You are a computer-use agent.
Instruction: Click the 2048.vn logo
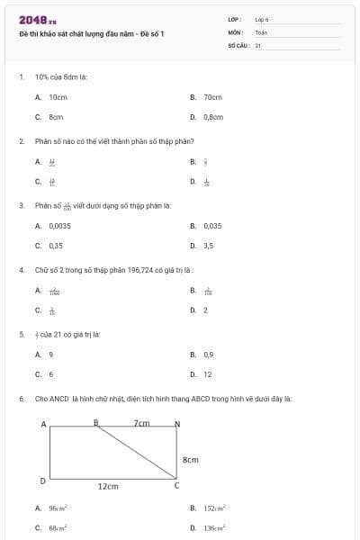pos(37,20)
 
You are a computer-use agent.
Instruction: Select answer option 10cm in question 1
pos(58,96)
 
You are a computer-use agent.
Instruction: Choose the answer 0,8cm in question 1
pos(212,117)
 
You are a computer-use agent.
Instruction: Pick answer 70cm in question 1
pos(212,96)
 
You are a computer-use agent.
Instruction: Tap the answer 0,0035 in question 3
pos(60,225)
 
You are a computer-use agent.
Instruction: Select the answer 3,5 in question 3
pos(208,245)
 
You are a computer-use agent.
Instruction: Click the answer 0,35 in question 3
pos(56,245)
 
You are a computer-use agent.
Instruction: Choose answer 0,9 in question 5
pos(208,355)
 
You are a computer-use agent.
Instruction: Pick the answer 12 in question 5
pos(207,374)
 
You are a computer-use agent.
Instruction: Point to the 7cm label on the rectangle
pos(141,422)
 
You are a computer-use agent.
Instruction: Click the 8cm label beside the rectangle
pos(190,459)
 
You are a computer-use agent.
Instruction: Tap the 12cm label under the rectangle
pos(108,486)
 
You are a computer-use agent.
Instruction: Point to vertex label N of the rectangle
pos(176,423)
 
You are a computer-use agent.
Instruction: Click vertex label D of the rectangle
pos(42,481)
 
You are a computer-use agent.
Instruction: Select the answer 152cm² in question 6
pos(213,508)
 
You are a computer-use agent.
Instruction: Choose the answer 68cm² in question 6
pos(58,527)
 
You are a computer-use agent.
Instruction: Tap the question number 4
pos(21,269)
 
